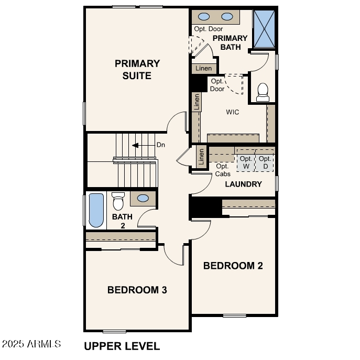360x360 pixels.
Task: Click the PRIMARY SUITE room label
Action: [137, 70]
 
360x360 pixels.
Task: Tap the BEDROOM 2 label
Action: [233, 266]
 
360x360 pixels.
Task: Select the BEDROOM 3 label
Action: [137, 290]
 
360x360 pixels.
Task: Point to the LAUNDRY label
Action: [243, 184]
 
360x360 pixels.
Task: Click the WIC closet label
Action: [233, 112]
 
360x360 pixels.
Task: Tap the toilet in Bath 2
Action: [118, 201]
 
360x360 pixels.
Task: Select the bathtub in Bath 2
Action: [96, 211]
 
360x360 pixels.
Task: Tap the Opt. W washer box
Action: [246, 162]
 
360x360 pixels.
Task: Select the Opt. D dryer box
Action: [265, 162]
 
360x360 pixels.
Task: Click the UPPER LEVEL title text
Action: [122, 346]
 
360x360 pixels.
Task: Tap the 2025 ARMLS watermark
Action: [31, 344]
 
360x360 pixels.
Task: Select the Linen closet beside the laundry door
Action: [201, 158]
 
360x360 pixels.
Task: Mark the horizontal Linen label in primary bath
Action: [204, 69]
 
